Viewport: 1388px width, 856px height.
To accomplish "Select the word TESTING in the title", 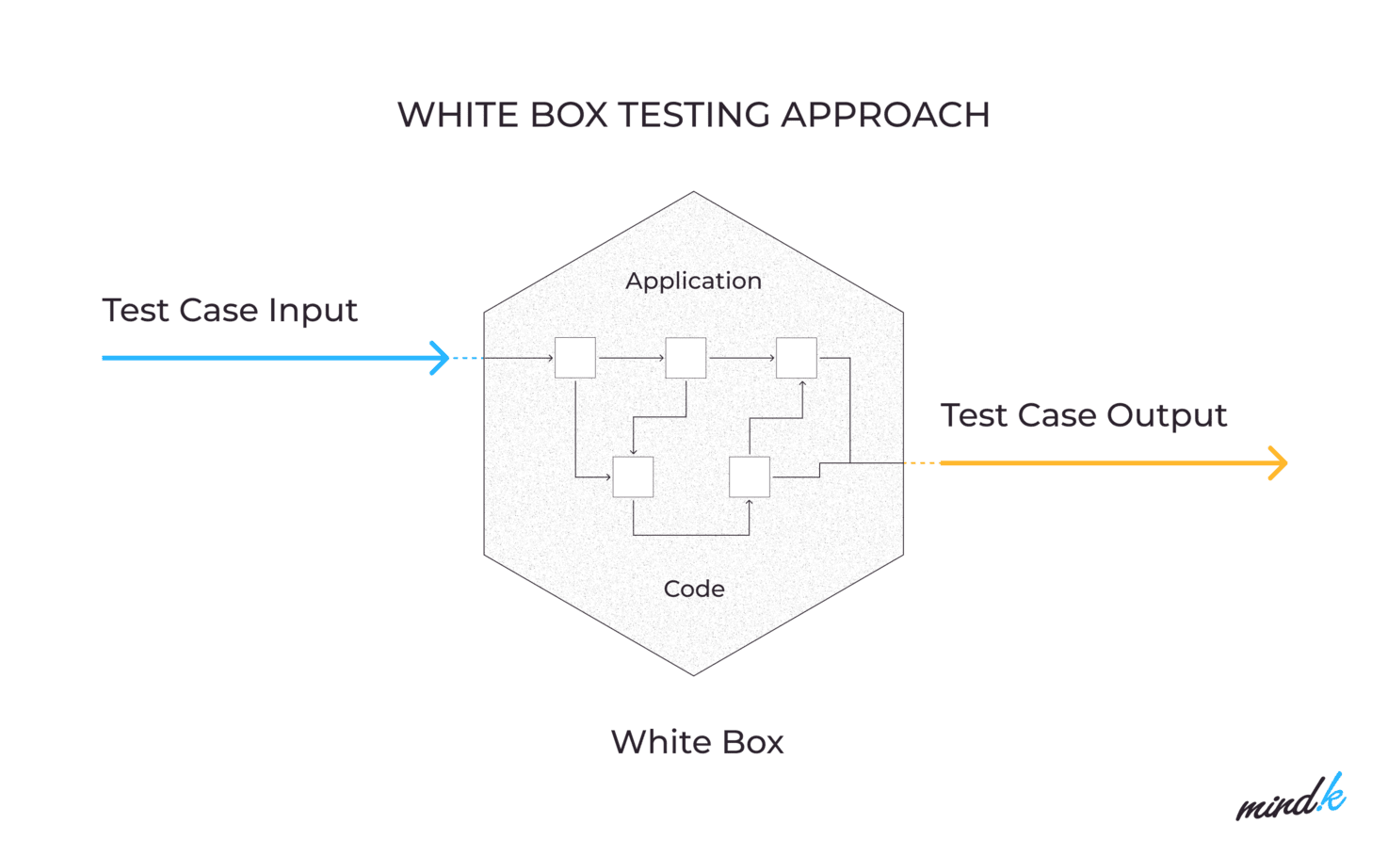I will [x=694, y=115].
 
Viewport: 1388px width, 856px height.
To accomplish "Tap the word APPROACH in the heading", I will [x=885, y=115].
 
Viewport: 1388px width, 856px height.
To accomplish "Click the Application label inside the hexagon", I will [x=694, y=281].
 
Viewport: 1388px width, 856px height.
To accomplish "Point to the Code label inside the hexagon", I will [x=694, y=589].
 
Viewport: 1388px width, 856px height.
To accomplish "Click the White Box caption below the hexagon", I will [x=697, y=742].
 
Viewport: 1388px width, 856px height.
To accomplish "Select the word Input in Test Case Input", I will [x=313, y=311].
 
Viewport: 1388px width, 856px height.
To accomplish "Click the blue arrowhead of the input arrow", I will [x=441, y=358].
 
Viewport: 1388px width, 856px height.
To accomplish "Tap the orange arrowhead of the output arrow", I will [x=1279, y=463].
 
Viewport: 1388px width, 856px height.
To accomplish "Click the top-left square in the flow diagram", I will [x=575, y=358].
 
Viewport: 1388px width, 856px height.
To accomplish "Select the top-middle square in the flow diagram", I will [x=686, y=358].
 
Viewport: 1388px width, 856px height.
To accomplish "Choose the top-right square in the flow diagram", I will [x=797, y=358].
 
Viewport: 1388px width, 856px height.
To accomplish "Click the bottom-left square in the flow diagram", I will [x=633, y=476].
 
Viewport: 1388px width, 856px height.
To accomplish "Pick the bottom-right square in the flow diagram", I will [x=750, y=476].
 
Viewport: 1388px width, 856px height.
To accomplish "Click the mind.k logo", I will [x=1291, y=799].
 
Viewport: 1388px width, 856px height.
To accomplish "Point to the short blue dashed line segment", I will [x=467, y=358].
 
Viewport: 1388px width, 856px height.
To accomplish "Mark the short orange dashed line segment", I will [x=921, y=463].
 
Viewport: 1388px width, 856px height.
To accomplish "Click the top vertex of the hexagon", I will [x=694, y=192].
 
